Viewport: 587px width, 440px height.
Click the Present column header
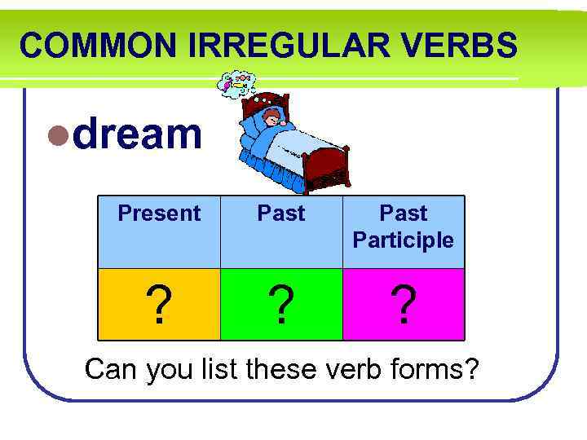159,213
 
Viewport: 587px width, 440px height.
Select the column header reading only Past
281,213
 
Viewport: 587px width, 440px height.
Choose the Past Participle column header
404,227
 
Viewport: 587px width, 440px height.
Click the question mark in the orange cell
159,306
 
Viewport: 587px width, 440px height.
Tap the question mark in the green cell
281,306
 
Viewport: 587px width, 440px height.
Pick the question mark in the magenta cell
404,306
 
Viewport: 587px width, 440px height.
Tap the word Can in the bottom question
113,369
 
